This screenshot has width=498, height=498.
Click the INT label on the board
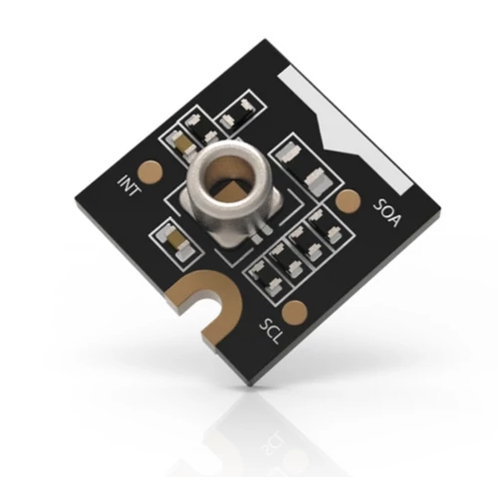tap(129, 185)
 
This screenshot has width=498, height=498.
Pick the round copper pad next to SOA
tap(348, 202)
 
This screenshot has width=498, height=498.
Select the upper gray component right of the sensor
tap(290, 153)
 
